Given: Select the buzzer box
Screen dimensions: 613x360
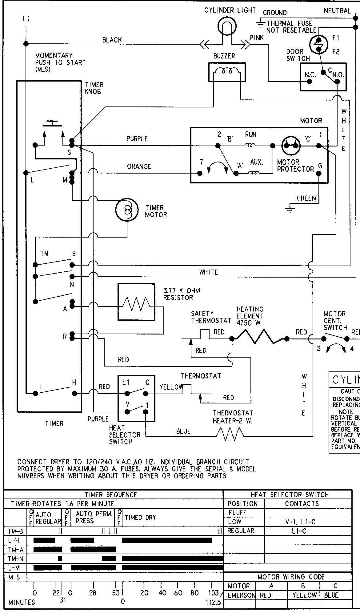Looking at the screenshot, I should point(227,72).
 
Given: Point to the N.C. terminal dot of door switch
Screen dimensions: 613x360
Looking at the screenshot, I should point(309,82).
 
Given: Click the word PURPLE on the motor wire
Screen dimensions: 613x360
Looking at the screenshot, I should point(137,139).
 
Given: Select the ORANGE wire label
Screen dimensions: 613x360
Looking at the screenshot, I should point(139,166).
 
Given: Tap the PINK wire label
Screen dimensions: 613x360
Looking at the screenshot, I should point(257,38).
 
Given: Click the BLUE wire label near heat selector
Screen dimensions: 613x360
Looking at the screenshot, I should point(183,431).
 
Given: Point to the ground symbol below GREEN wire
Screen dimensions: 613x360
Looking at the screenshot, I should point(289,210).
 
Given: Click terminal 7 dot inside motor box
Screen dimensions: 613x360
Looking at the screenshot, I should point(200,173).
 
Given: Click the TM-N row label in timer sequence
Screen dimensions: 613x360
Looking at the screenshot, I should point(13,559).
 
